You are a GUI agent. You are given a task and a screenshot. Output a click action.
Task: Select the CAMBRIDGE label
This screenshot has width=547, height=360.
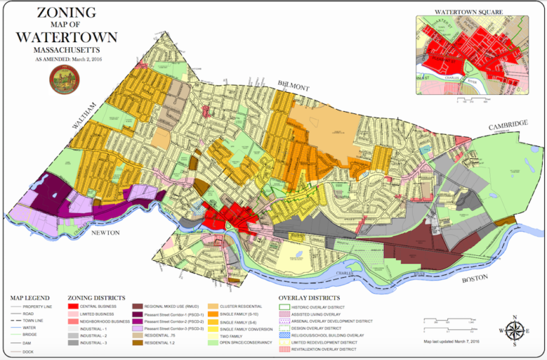point(506,125)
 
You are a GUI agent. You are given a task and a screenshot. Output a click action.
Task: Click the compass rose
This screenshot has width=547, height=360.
point(515,331)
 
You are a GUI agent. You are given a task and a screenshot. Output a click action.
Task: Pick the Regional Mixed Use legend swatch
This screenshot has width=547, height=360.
point(137,307)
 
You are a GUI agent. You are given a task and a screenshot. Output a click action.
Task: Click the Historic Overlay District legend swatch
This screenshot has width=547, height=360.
point(283,307)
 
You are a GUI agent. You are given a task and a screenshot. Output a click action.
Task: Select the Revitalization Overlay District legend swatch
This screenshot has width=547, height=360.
point(283,349)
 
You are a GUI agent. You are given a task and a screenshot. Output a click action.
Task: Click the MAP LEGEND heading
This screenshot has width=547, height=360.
point(29,298)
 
